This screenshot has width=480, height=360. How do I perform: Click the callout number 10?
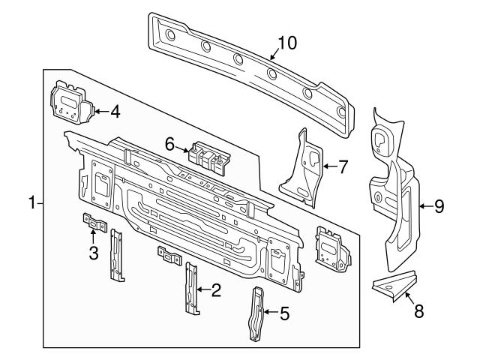287,43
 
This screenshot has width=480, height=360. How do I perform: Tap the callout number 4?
115,112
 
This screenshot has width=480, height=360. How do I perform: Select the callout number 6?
169,144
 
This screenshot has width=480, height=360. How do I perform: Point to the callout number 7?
343,166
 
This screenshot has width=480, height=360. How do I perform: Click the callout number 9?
439,206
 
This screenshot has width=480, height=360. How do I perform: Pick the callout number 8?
418,311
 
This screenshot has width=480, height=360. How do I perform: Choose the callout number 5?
284,313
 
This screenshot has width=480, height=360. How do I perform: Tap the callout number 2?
216,290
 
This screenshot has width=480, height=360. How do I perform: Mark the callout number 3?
94,253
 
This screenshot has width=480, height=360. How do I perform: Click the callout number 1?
32,203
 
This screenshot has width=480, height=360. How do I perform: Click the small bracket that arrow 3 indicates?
95,223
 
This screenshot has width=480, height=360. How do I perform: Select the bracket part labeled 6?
209,158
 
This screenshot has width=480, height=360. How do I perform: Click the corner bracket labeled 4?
72,103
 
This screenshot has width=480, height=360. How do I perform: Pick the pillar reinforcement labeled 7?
303,168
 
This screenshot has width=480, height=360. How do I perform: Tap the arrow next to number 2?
203,289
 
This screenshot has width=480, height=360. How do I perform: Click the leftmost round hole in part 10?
170,35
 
